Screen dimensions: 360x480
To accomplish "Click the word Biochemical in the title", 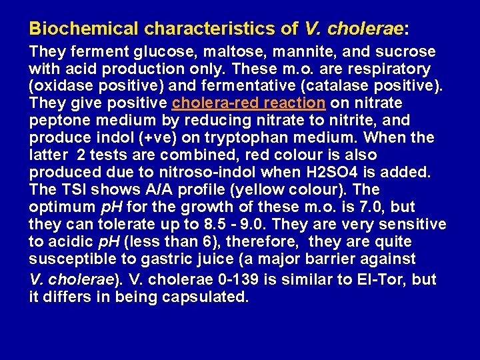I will pyautogui.click(x=84, y=29).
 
